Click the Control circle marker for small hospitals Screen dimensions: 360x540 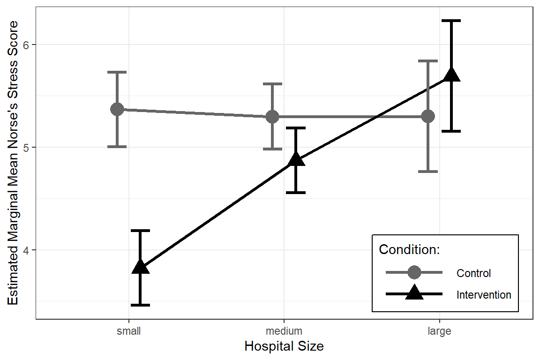point(117,109)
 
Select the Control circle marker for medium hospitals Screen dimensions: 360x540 point(272,116)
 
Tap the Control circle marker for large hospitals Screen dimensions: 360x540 point(427,116)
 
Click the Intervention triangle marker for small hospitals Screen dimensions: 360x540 point(140,267)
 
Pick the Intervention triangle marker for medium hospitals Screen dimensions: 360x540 point(296,160)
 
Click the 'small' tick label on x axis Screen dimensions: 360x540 point(128,331)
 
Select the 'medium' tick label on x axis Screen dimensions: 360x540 point(284,331)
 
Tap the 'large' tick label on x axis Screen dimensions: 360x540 point(439,331)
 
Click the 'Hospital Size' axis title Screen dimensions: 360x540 point(284,347)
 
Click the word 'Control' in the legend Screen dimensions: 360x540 point(473,273)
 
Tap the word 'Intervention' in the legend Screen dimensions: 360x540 point(484,295)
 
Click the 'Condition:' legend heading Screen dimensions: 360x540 point(409,250)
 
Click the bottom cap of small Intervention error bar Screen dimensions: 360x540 point(140,305)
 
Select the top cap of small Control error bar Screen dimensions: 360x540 point(117,72)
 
